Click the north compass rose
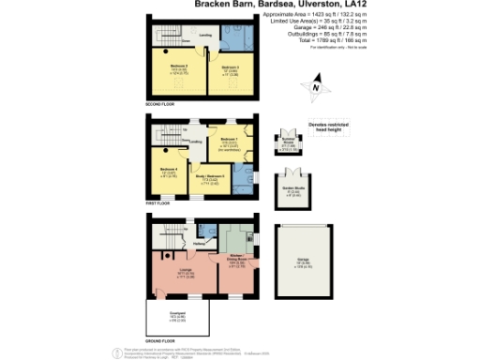(317, 89)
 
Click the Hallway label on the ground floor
(200, 245)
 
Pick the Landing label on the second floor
(204, 34)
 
